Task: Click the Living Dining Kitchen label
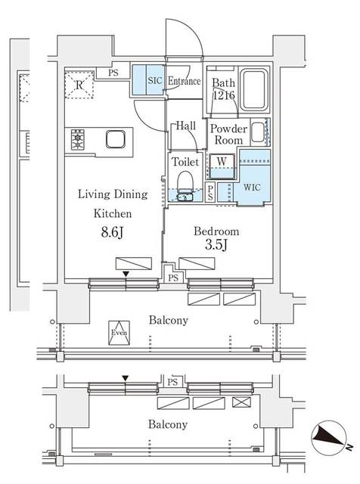point(113,204)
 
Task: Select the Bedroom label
point(218,231)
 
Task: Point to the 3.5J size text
point(218,246)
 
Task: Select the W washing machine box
point(224,160)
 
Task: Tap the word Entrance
point(184,81)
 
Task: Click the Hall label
point(186,127)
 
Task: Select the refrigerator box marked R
point(79,84)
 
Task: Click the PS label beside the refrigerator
point(113,73)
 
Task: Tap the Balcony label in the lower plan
point(167,424)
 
